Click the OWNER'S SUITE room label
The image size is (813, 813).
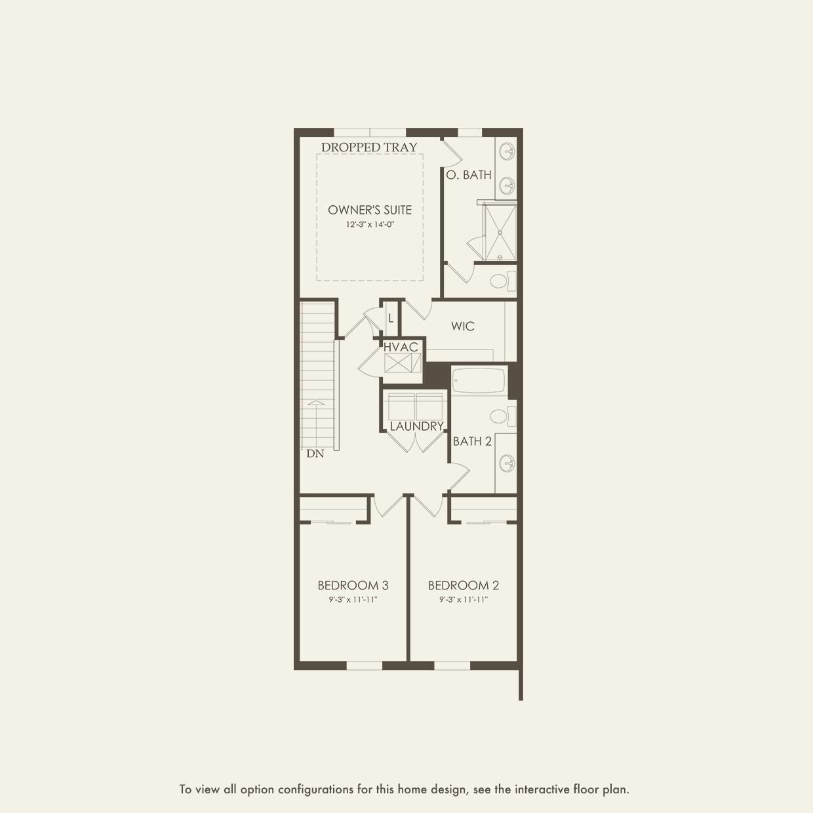pos(370,210)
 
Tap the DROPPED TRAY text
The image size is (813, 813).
pos(369,148)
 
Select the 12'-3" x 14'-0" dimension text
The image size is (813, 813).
pos(370,224)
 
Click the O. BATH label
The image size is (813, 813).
pos(469,175)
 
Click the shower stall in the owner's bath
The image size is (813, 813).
pos(500,231)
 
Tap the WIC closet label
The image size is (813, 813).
pos(463,327)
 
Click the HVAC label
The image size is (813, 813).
pos(401,347)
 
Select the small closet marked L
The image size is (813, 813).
pos(391,319)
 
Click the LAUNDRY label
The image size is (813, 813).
pos(416,426)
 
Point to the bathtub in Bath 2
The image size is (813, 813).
pos(479,380)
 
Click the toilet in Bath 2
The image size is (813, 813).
pos(502,416)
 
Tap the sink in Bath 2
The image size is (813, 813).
pos(506,463)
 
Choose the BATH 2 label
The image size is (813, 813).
pos(472,441)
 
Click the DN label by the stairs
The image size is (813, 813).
pos(315,454)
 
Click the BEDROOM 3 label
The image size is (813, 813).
pos(353,585)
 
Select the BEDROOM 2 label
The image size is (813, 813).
pos(464,585)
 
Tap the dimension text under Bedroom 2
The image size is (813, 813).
pos(464,600)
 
